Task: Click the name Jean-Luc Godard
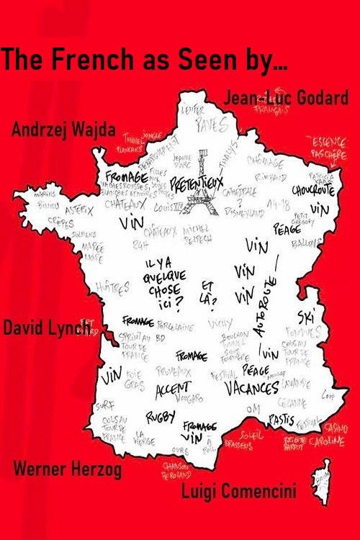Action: [287, 99]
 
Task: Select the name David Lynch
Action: [48, 328]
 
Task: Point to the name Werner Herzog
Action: [68, 471]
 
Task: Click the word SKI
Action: [306, 318]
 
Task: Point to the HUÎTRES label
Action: [115, 288]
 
